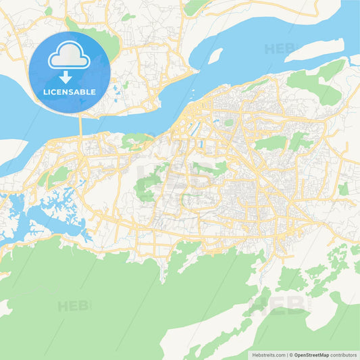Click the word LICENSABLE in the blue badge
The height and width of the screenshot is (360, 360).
click(69, 91)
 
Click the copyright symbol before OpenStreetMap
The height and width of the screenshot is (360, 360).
click(292, 354)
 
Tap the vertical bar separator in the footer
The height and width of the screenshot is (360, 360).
click(287, 354)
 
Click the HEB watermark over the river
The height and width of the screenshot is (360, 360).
click(279, 49)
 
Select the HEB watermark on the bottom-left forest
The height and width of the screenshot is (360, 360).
click(72, 306)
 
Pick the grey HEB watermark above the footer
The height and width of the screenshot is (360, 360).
click(277, 306)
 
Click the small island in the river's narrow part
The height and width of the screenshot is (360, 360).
click(215, 55)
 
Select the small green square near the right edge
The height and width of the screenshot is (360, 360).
click(343, 190)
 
